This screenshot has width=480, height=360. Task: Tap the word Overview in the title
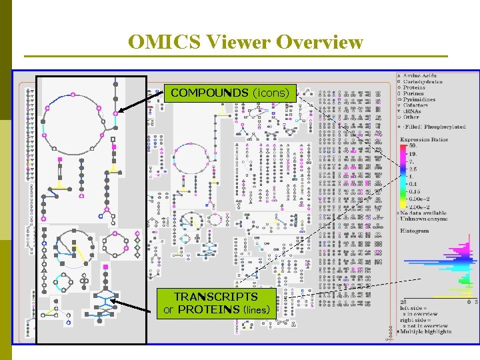tap(319, 43)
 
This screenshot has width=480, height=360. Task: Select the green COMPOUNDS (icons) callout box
tap(230, 93)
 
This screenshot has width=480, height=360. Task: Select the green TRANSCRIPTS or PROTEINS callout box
tap(216, 303)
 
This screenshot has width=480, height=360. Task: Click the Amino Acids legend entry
tap(418, 75)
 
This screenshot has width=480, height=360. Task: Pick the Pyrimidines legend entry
tap(419, 100)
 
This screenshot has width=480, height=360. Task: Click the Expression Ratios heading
tap(423, 139)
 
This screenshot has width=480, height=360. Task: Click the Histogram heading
tap(415, 230)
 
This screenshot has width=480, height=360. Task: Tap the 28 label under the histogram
tap(403, 302)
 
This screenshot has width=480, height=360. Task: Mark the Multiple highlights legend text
tap(427, 331)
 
